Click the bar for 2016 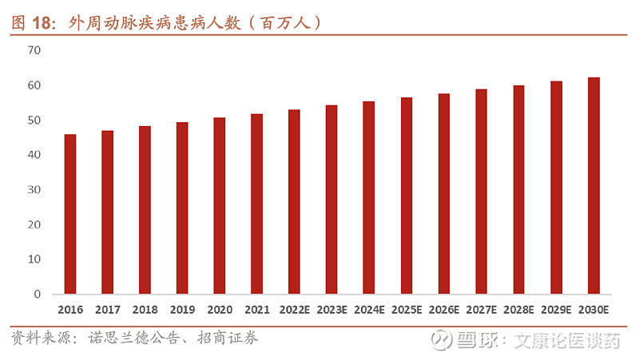coord(70,214)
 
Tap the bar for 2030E coord(593,185)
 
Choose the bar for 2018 coord(145,210)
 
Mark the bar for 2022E coord(294,202)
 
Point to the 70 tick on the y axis coord(34,50)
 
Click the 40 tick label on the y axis coord(34,155)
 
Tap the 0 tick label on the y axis coord(37,295)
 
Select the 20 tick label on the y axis coord(34,224)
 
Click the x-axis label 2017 coord(108,310)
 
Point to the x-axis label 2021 coord(257,310)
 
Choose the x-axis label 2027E coord(482,310)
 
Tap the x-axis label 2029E coord(556,310)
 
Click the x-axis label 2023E coord(331,310)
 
